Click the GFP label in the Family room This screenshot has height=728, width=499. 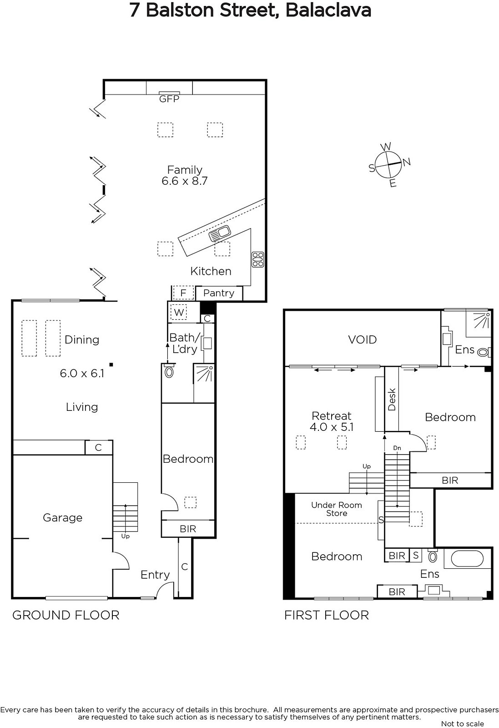pos(169,99)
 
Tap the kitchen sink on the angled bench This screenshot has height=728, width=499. pos(220,233)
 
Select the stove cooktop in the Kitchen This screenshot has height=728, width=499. pos(257,260)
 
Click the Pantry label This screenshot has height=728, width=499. pos(219,293)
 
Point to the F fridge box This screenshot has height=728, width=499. pos(183,293)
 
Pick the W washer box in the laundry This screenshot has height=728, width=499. pos(179,313)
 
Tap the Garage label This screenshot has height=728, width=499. pos(63,518)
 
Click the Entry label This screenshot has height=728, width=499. pos(155,575)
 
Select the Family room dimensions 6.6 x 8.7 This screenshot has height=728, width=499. pos(185,181)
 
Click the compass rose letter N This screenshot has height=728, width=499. pos(407,162)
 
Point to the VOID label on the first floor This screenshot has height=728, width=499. pos(362,340)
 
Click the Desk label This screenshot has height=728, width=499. pos(392,399)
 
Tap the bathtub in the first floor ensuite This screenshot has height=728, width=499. pos(467,559)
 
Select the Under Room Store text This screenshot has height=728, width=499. pos(337,509)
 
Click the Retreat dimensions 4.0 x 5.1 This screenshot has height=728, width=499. pos(331,427)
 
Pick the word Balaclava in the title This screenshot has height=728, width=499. pos(328,10)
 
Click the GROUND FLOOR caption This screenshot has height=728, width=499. pos(66,615)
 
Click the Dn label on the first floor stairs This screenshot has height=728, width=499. pos(397,448)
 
